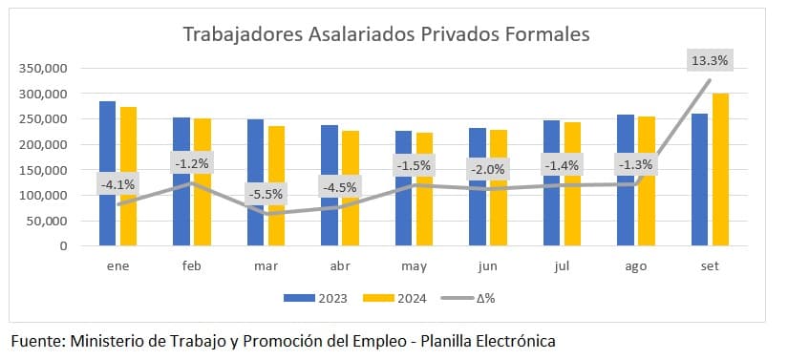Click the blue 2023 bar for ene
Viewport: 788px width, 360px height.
[107, 173]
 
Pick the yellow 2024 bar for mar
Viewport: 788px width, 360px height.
[277, 185]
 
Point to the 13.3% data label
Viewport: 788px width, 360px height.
[709, 60]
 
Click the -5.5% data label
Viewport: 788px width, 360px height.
[266, 194]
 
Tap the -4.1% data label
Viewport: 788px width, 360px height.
[117, 184]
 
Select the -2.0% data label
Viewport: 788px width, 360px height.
[487, 170]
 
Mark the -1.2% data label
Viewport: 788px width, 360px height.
[192, 163]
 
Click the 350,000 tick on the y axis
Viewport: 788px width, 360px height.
[41, 69]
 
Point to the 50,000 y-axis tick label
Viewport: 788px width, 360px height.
[45, 221]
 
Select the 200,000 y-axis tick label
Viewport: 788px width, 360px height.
[41, 145]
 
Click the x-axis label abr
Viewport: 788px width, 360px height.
[340, 265]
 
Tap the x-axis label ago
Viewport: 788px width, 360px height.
[635, 265]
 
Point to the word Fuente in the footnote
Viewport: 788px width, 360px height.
[37, 340]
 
